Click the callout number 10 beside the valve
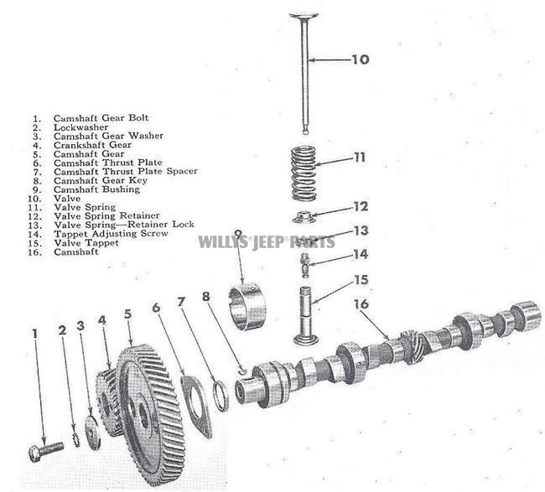pos(359,60)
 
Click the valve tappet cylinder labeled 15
pos(307,314)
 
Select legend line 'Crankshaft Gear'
pos(92,145)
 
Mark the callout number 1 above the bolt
pos(35,334)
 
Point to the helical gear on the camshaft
pos(411,344)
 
